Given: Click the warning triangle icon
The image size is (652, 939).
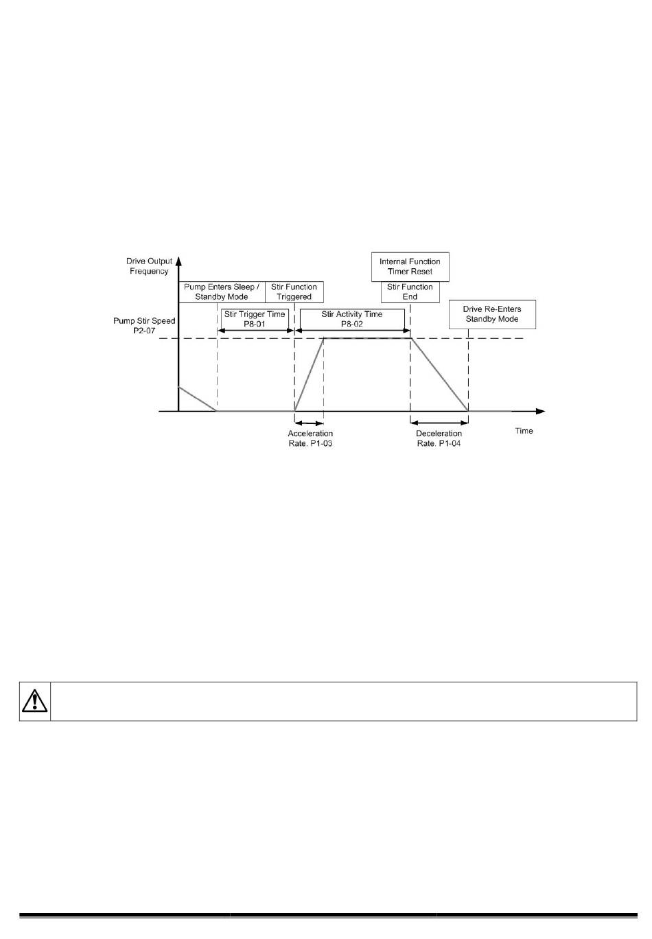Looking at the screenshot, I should (34, 701).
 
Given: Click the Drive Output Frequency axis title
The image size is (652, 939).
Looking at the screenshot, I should (149, 266).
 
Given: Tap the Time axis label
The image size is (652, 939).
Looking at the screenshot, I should (524, 431).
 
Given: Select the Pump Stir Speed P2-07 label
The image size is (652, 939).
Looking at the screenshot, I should (144, 325).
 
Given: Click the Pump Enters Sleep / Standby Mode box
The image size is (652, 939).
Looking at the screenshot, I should (222, 292).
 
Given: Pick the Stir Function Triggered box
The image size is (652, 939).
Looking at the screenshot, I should (294, 292).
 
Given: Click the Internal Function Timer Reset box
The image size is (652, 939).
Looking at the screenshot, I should (410, 266).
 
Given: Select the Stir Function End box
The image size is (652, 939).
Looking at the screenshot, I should (410, 292).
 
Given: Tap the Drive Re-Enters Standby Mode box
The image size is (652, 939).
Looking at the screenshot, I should (492, 314).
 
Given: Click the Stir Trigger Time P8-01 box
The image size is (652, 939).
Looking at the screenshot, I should (254, 318).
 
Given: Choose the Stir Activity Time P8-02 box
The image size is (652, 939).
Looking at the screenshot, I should (351, 318).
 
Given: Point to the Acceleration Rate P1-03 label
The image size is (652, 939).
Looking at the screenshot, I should (310, 438).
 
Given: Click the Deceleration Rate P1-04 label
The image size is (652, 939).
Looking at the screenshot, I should (439, 438).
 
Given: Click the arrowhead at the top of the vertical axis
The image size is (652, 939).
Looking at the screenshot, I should (178, 261).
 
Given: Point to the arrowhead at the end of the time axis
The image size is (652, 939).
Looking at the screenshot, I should (541, 411).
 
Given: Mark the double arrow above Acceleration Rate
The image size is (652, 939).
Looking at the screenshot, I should (309, 423).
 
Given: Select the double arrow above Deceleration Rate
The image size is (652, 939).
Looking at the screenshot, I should (439, 423).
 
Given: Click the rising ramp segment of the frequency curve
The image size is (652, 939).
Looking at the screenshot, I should (309, 375).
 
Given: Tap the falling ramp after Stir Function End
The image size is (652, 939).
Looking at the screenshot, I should (439, 375).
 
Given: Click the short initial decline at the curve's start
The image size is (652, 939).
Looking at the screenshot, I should (198, 399).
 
